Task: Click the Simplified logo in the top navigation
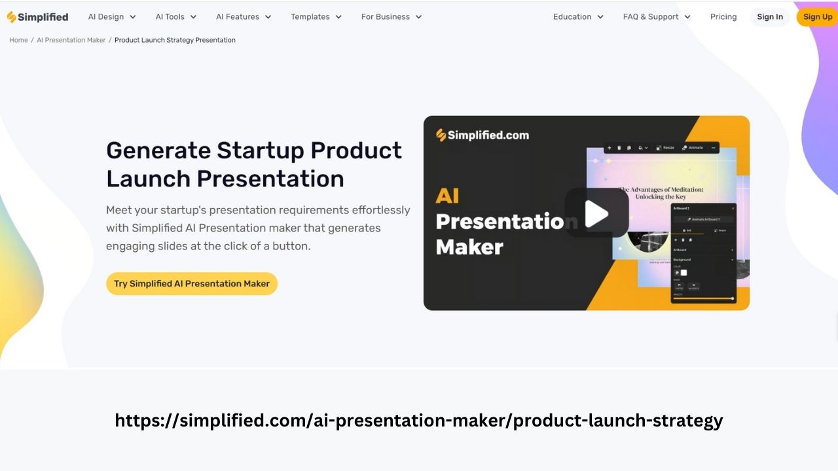point(37,17)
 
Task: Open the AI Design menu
point(112,17)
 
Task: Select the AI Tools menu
point(175,17)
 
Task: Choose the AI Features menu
point(244,17)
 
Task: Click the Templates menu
point(316,17)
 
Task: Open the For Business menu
point(392,17)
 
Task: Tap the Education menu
point(578,17)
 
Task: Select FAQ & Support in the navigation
point(657,17)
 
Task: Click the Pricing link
point(723,17)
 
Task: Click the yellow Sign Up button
point(817,17)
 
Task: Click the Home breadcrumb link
point(18,40)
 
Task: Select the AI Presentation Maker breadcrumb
point(71,40)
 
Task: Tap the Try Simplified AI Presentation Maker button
point(192,284)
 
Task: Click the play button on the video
point(596,213)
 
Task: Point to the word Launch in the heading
point(148,179)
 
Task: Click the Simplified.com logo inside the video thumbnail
point(483,135)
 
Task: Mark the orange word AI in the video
point(448,196)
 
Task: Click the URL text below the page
point(419,420)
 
